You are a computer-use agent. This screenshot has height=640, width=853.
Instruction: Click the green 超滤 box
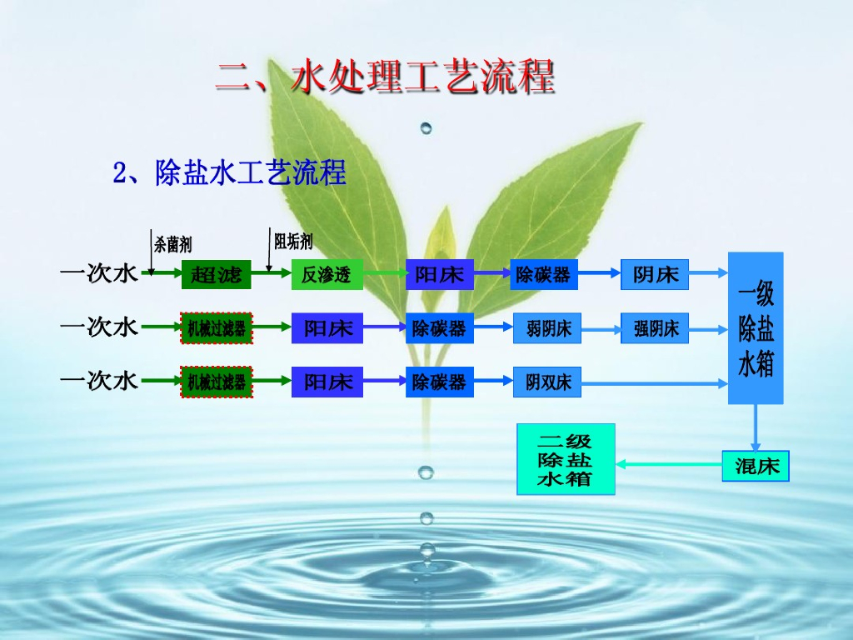pyautogui.click(x=217, y=274)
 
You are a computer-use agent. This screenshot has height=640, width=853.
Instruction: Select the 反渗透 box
pyautogui.click(x=327, y=274)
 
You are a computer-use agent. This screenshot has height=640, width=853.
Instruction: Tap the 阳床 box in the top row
pyautogui.click(x=439, y=274)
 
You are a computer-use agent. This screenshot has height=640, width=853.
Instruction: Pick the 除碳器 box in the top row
pyautogui.click(x=543, y=274)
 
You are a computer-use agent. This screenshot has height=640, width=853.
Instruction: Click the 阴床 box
pyautogui.click(x=655, y=274)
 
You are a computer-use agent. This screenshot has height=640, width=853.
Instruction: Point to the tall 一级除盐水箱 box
pyautogui.click(x=756, y=327)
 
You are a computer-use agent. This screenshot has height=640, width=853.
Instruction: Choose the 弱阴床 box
pyautogui.click(x=547, y=328)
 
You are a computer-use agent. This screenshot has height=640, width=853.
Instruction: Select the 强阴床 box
pyautogui.click(x=655, y=328)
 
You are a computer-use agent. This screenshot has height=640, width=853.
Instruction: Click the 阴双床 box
pyautogui.click(x=547, y=382)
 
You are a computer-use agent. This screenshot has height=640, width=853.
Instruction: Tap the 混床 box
pyautogui.click(x=755, y=466)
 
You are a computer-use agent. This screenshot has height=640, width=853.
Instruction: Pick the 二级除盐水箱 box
pyautogui.click(x=566, y=459)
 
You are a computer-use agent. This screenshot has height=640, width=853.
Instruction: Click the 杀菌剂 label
pyautogui.click(x=172, y=244)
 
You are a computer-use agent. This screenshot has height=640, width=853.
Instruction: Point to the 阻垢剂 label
pyautogui.click(x=293, y=242)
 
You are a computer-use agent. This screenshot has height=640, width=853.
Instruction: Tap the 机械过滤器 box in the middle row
pyautogui.click(x=217, y=328)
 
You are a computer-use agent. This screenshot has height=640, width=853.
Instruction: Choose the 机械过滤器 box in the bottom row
pyautogui.click(x=217, y=382)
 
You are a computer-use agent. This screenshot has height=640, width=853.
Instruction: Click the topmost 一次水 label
pyautogui.click(x=98, y=273)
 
